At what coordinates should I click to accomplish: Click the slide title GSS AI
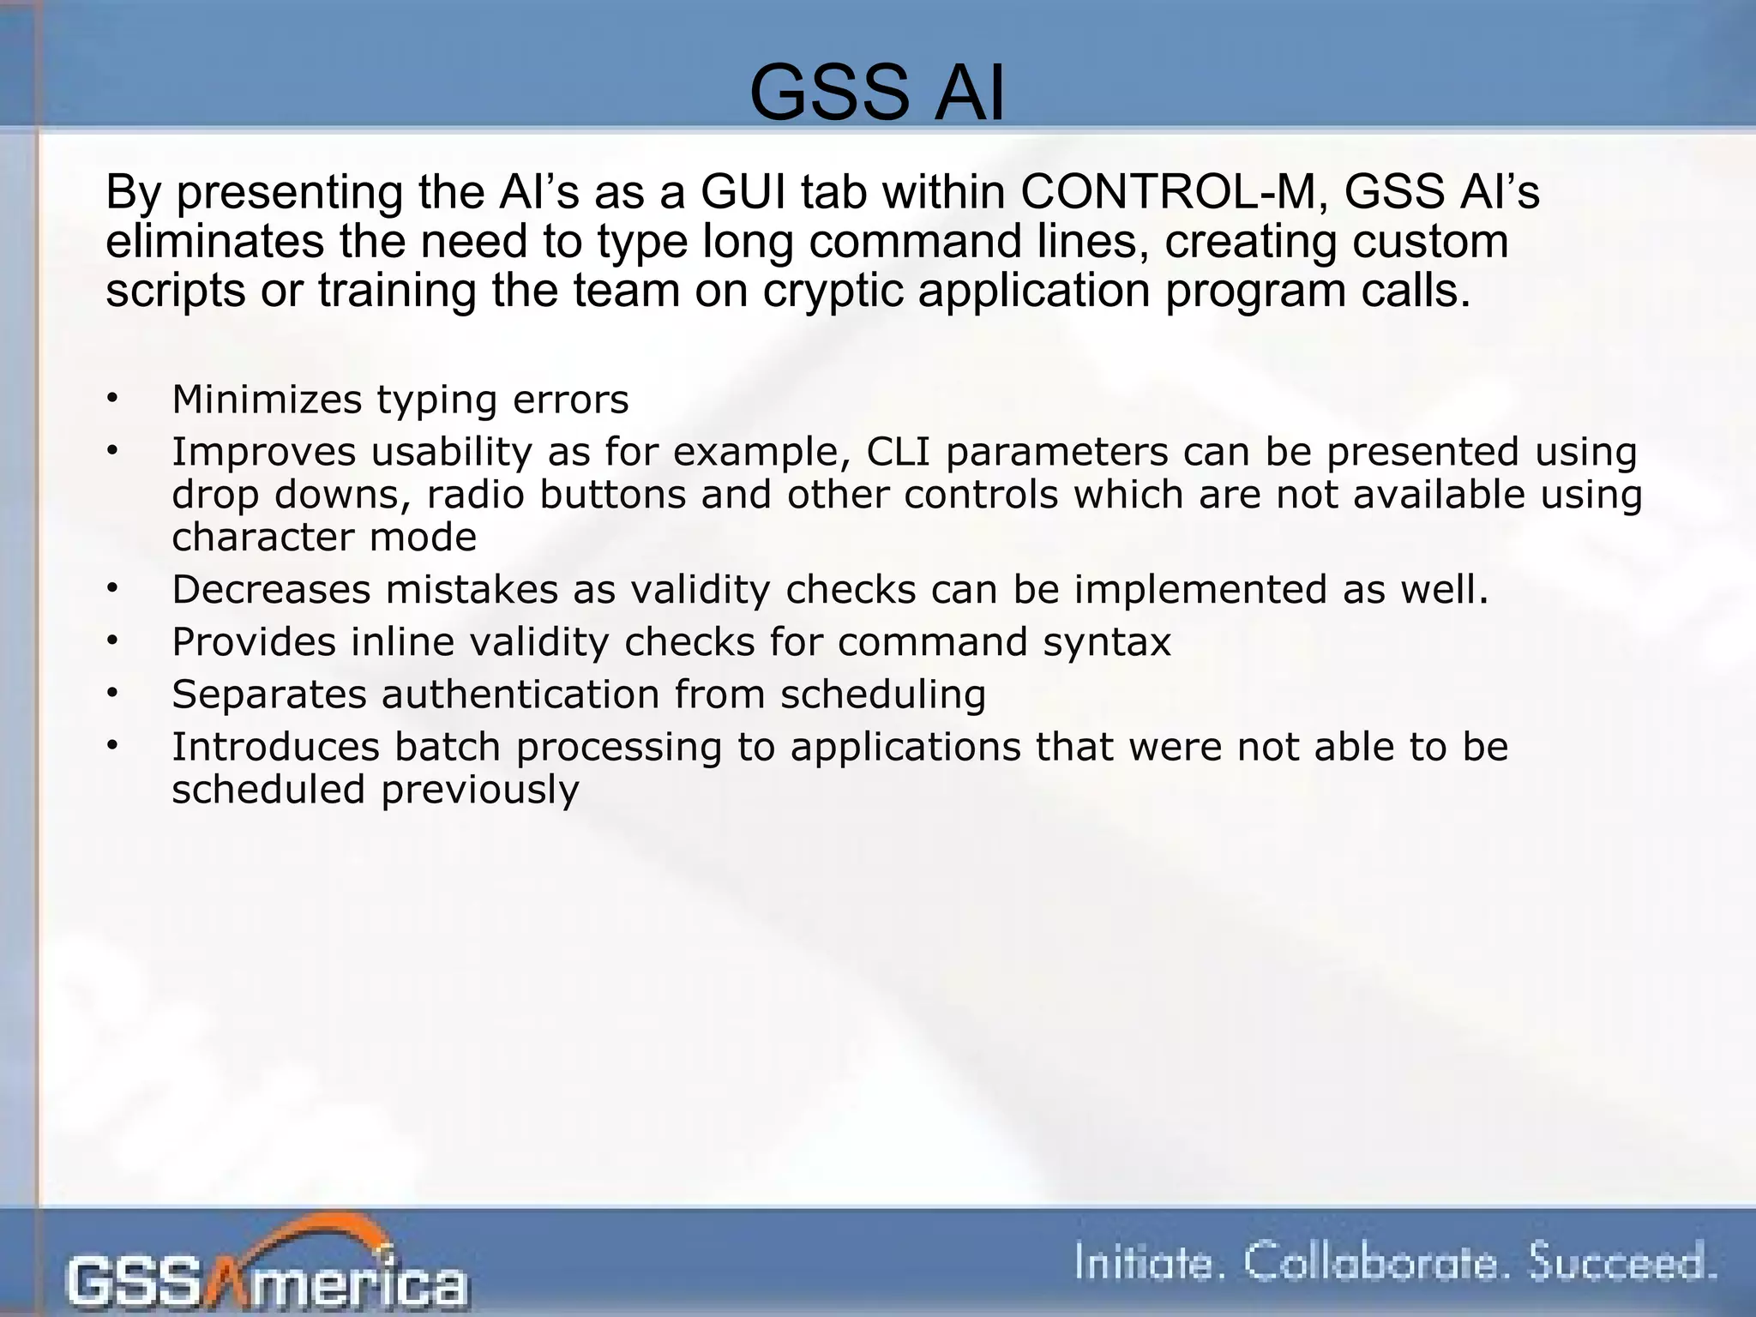coord(876,94)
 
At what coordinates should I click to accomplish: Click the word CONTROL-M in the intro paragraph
coord(1167,192)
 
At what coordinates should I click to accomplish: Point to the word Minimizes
coord(267,400)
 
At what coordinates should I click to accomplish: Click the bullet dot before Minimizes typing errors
coord(111,400)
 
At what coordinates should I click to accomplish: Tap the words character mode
coord(324,538)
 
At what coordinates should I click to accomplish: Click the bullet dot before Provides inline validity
coord(111,642)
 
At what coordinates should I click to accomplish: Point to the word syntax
coord(1107,642)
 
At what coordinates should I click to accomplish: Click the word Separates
coord(269,695)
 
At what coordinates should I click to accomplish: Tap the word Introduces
coord(275,747)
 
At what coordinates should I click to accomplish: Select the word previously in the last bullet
coord(480,790)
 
